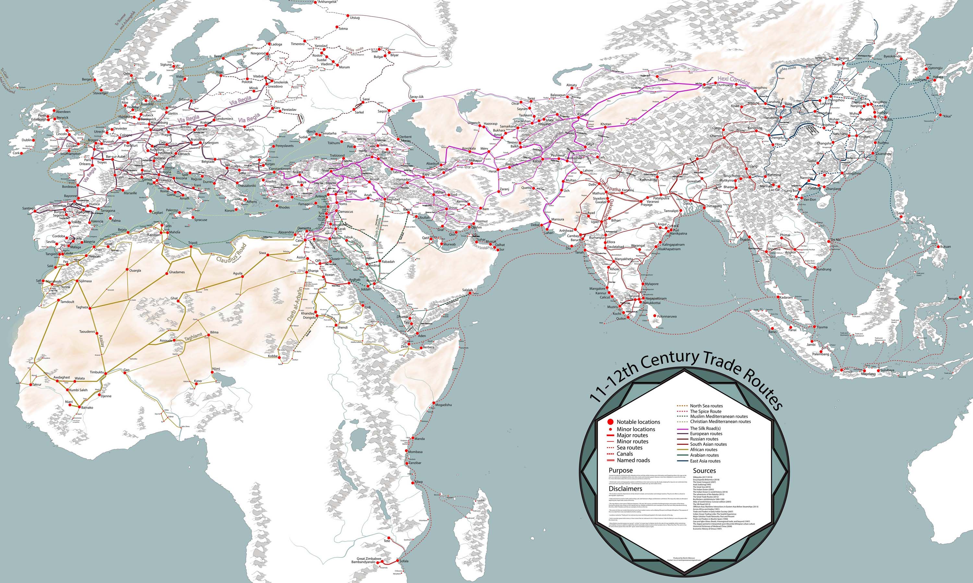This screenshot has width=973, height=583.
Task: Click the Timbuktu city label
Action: tap(96, 372)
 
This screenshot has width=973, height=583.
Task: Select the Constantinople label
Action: tap(280, 169)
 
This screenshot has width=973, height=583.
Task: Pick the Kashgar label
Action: tap(583, 114)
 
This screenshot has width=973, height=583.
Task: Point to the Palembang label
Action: tap(821, 354)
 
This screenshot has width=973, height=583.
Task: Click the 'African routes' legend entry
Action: tap(703, 449)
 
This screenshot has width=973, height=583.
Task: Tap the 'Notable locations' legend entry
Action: tap(638, 422)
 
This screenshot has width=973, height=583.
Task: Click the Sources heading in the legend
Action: tap(704, 470)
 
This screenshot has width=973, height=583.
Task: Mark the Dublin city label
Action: tap(27, 140)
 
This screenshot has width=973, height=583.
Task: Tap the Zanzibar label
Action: tap(415, 463)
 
